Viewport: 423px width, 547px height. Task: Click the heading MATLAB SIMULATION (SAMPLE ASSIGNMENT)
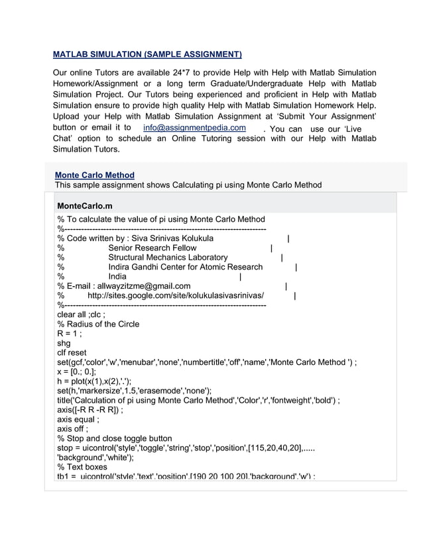[x=147, y=54]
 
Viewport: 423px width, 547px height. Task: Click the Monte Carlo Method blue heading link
[x=95, y=175]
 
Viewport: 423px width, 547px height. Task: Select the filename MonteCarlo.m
[x=85, y=206]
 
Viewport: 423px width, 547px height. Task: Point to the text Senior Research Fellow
[x=152, y=248]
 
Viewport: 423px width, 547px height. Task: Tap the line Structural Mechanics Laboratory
[x=168, y=257]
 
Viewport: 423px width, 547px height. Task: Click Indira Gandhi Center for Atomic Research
[x=185, y=267]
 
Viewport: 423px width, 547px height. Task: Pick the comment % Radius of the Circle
[x=98, y=324]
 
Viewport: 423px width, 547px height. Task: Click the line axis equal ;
[x=78, y=419]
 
